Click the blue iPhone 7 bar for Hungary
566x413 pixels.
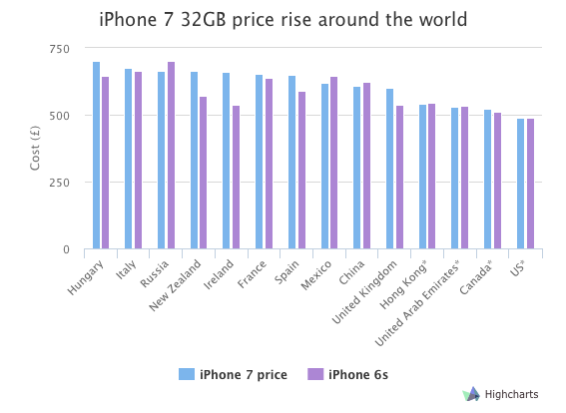tap(96, 156)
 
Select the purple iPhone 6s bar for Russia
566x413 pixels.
tap(171, 156)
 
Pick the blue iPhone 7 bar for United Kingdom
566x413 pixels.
tap(389, 169)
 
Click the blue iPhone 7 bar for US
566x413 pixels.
tap(520, 184)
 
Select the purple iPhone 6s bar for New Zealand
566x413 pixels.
tap(203, 173)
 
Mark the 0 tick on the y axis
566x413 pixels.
tap(66, 249)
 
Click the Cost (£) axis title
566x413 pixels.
tap(35, 149)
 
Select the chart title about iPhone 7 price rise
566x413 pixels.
tap(283, 19)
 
